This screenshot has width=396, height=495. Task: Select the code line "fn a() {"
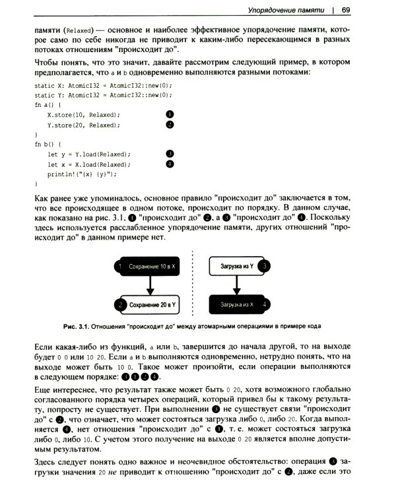47,105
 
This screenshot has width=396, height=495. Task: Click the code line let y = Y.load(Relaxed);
88,154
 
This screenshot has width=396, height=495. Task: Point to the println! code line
82,174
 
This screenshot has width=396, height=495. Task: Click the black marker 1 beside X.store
170,114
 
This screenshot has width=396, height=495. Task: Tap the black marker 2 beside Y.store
170,124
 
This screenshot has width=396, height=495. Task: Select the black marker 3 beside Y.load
170,154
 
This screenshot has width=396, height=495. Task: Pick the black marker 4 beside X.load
170,164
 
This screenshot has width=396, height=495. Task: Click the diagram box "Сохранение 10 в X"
151,266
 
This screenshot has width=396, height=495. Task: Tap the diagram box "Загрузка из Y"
238,266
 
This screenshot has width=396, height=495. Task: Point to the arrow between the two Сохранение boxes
152,285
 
